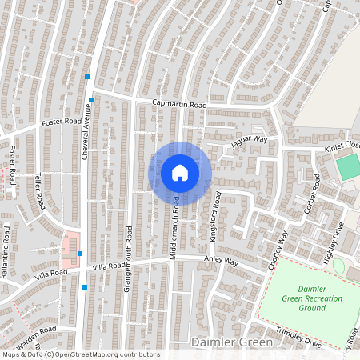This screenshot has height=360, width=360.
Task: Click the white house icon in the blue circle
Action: click(x=180, y=173)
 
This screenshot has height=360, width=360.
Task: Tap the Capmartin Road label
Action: click(x=180, y=105)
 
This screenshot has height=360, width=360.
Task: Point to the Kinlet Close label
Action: click(x=342, y=148)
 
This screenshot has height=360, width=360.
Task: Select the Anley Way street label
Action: click(x=222, y=262)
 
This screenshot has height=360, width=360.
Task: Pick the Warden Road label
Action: click(x=38, y=330)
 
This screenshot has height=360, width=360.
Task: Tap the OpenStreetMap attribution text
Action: click(x=80, y=354)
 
